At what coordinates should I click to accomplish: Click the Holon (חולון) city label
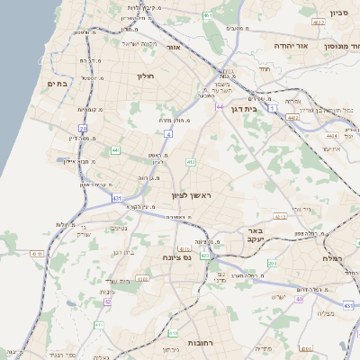[x=146, y=76]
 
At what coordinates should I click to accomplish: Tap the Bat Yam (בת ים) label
[x=58, y=84]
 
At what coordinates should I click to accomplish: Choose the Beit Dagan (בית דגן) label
[x=263, y=110]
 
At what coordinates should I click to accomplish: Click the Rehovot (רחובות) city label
[x=190, y=329]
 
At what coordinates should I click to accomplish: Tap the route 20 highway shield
[x=82, y=130]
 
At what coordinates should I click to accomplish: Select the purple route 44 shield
[x=220, y=106]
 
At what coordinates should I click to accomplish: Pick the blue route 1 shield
[x=273, y=108]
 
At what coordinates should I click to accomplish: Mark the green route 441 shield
[x=115, y=149]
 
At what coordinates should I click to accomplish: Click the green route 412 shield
[x=190, y=162]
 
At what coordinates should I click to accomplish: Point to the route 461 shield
[x=208, y=15]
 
